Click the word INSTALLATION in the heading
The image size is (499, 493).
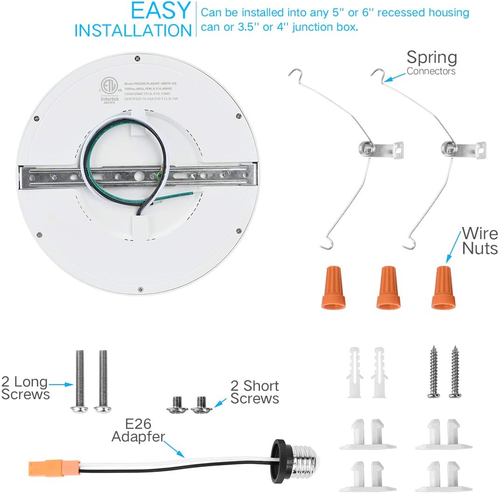click(x=133, y=30)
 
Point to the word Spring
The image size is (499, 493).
click(x=431, y=58)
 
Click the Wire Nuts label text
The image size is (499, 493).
click(x=479, y=240)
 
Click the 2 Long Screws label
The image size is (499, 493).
click(x=25, y=388)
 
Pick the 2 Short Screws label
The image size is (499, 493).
click(x=254, y=392)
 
